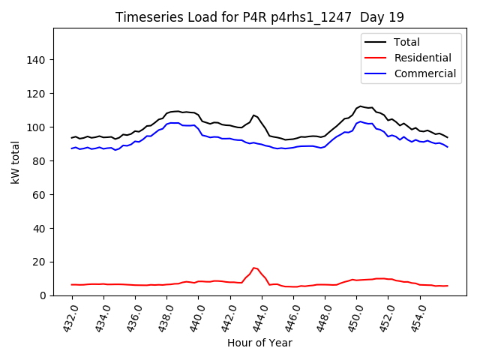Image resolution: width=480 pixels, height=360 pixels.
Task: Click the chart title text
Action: [259, 17]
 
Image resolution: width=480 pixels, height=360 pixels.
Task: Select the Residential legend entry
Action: [422, 58]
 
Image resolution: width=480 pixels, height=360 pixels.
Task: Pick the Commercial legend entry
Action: [424, 73]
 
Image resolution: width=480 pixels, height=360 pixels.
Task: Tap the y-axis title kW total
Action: [15, 162]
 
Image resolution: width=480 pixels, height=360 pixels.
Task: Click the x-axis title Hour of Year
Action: [259, 343]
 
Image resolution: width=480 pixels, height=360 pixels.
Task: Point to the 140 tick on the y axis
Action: [37, 60]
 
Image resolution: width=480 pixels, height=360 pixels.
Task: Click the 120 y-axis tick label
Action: [37, 94]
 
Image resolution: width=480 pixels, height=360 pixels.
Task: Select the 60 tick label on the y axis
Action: [40, 195]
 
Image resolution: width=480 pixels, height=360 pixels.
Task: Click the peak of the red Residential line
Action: [254, 268]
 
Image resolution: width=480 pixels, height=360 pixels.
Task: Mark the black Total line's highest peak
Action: [361, 106]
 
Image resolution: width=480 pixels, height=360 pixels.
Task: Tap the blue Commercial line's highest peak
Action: [361, 121]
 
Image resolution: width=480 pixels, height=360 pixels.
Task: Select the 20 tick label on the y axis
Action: [40, 262]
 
